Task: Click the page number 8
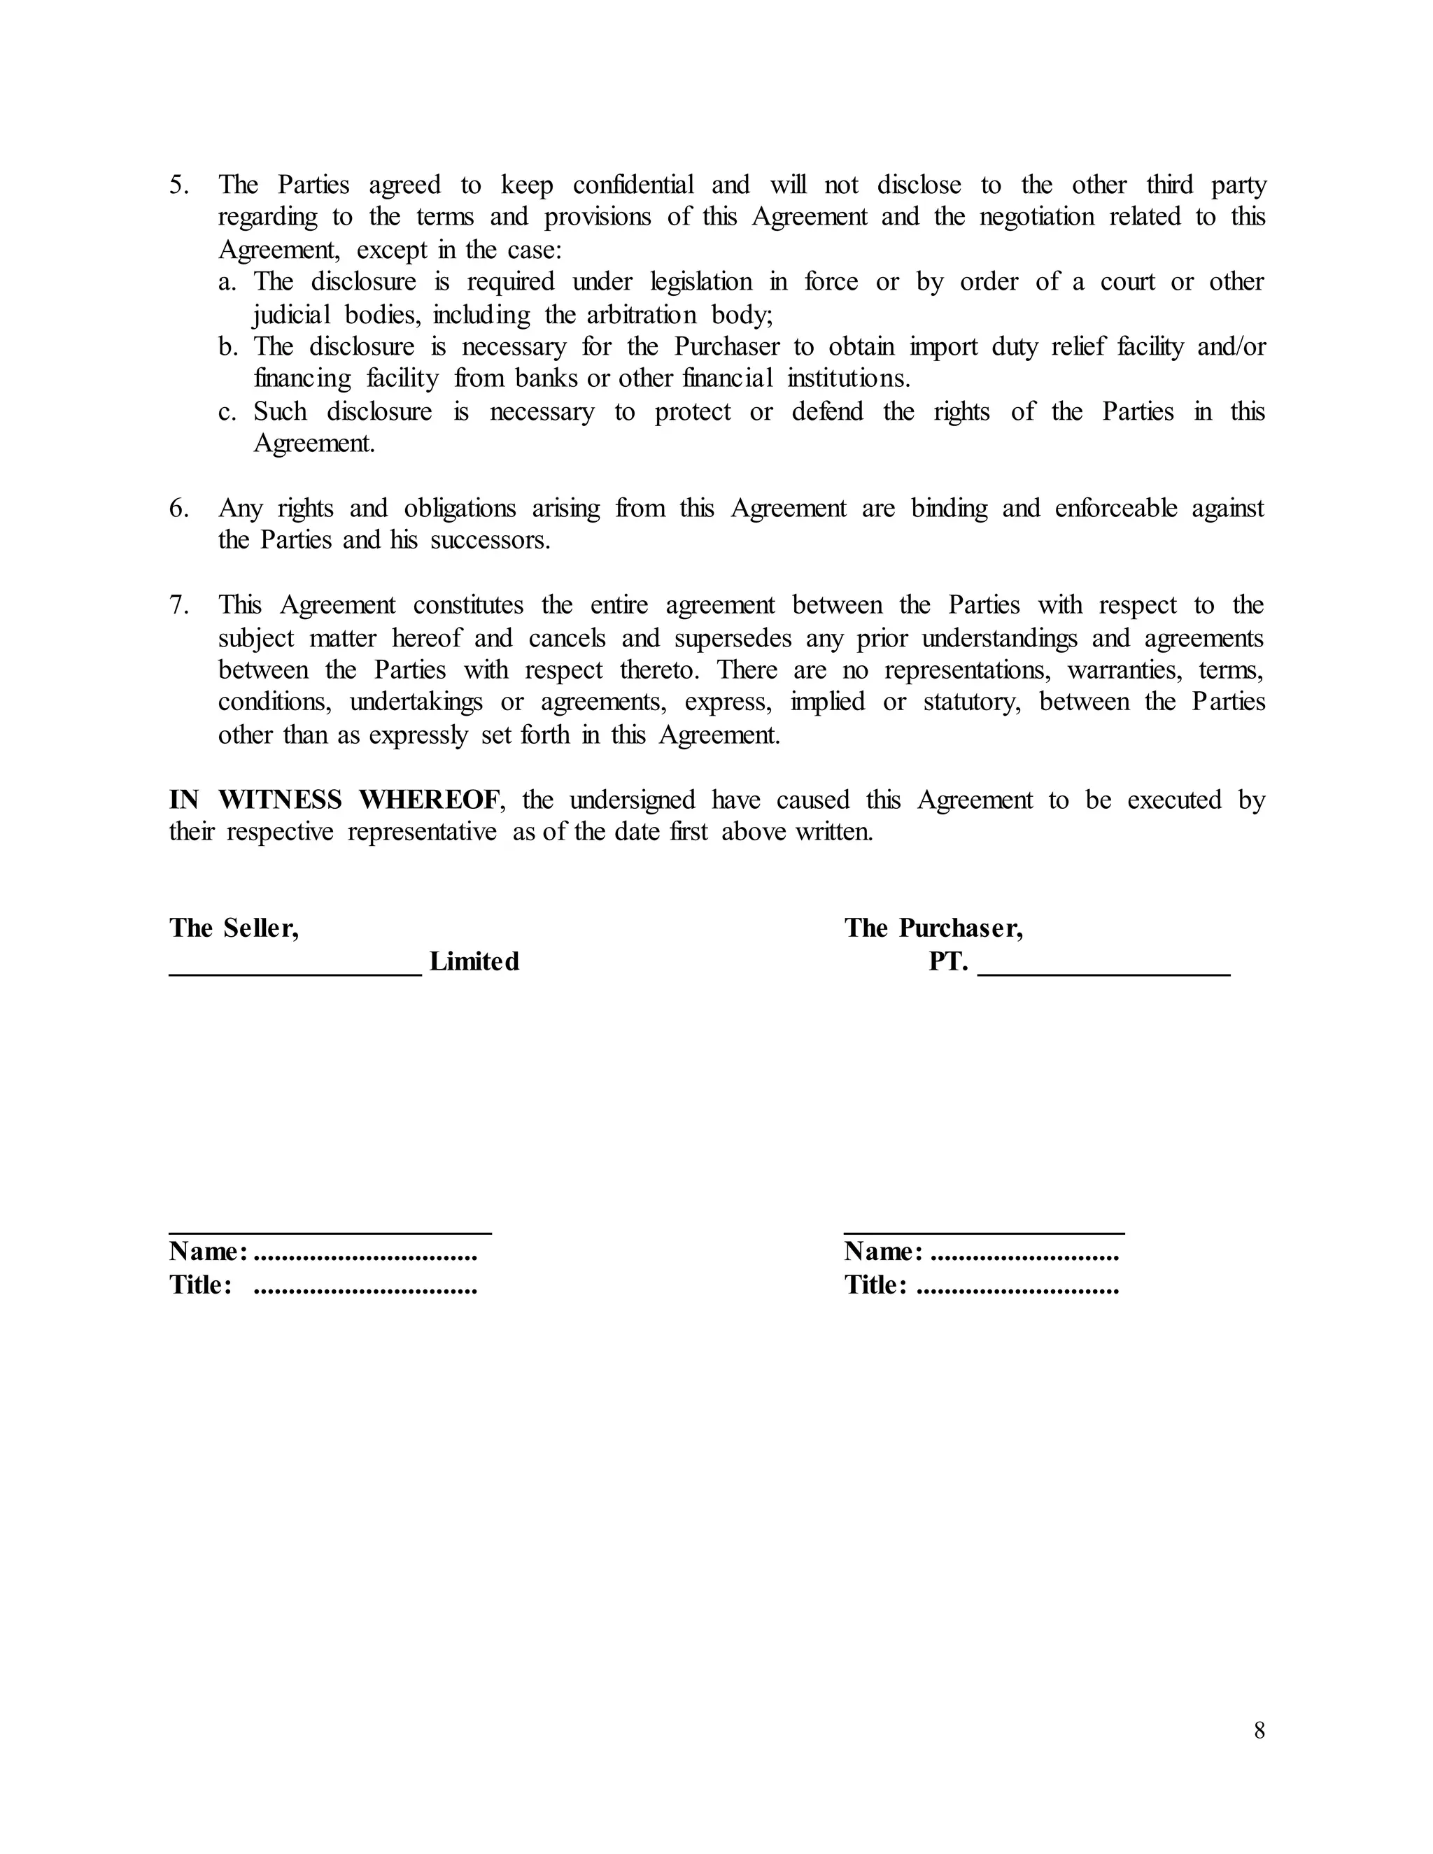tap(1259, 1730)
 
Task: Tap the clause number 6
tap(178, 509)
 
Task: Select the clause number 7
tap(178, 605)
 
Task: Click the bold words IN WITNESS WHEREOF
tap(335, 800)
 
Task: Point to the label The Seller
tap(234, 928)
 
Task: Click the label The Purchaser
tap(933, 928)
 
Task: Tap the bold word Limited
tap(474, 961)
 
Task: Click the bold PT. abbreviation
tap(947, 961)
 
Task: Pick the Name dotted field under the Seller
tap(365, 1254)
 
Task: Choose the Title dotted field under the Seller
tap(365, 1287)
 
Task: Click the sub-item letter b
tap(227, 347)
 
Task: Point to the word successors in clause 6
tap(489, 541)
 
